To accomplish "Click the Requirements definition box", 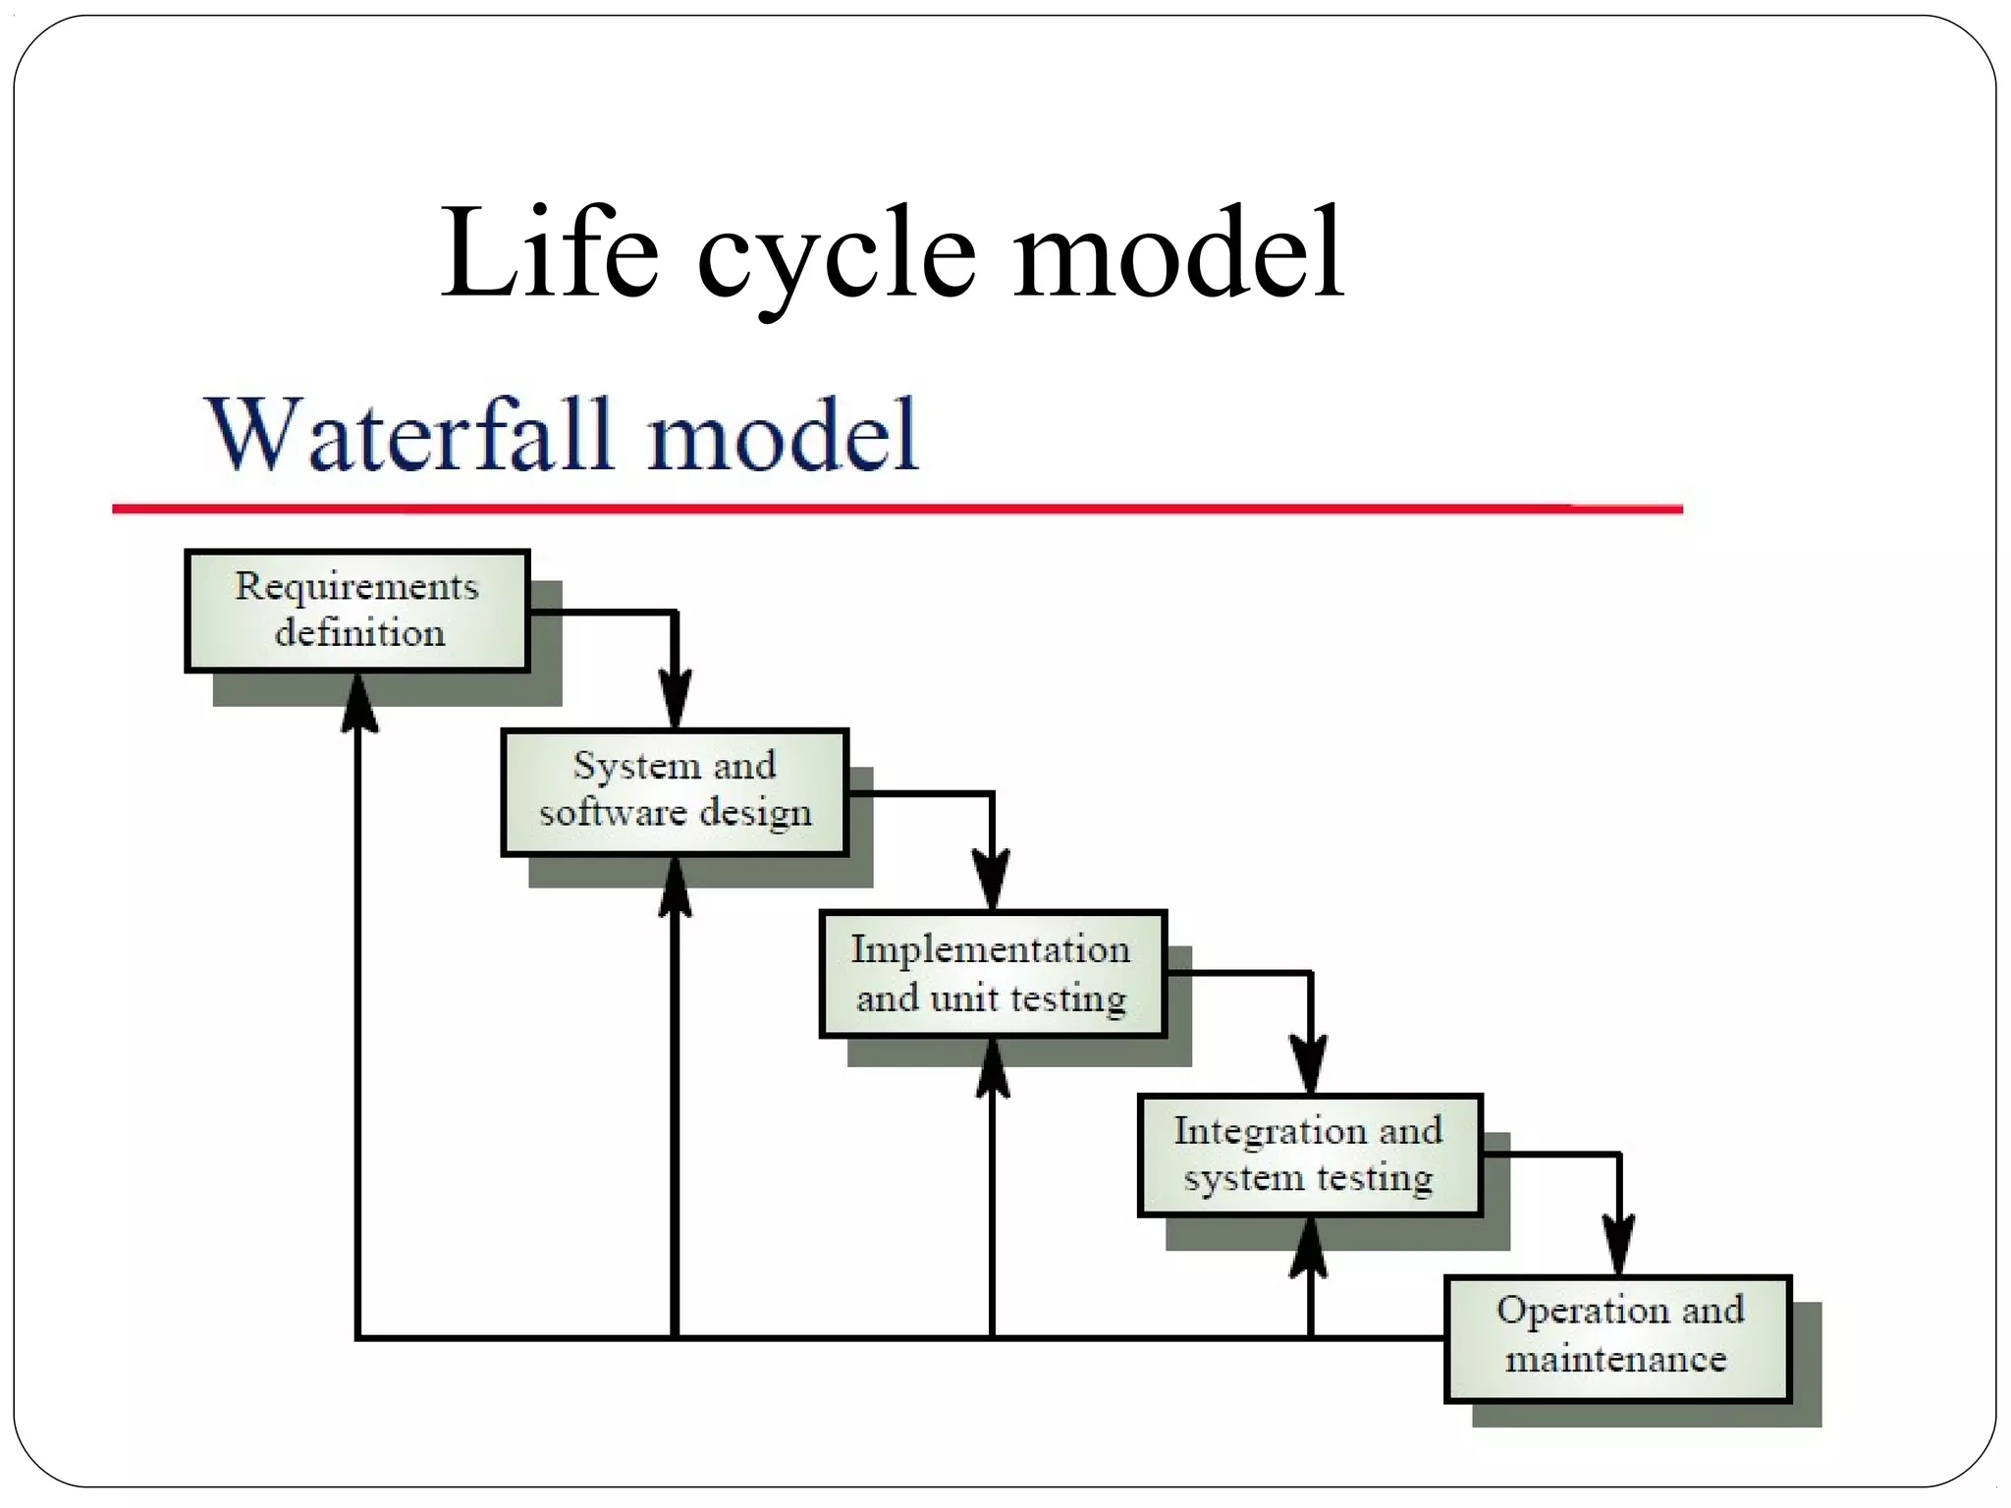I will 357,611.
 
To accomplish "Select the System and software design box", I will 675,791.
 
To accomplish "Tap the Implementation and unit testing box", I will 993,974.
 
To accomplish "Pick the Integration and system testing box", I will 1310,1156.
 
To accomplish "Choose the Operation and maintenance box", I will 1617,1338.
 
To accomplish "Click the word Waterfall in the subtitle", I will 409,435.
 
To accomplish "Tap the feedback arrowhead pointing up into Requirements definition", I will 358,703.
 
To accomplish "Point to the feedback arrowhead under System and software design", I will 675,888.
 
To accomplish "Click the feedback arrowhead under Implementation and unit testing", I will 993,1068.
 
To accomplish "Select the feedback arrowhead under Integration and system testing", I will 1309,1249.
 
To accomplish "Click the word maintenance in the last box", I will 1615,1360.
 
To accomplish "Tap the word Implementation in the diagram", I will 990,949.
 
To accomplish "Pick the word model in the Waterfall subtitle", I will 783,435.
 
